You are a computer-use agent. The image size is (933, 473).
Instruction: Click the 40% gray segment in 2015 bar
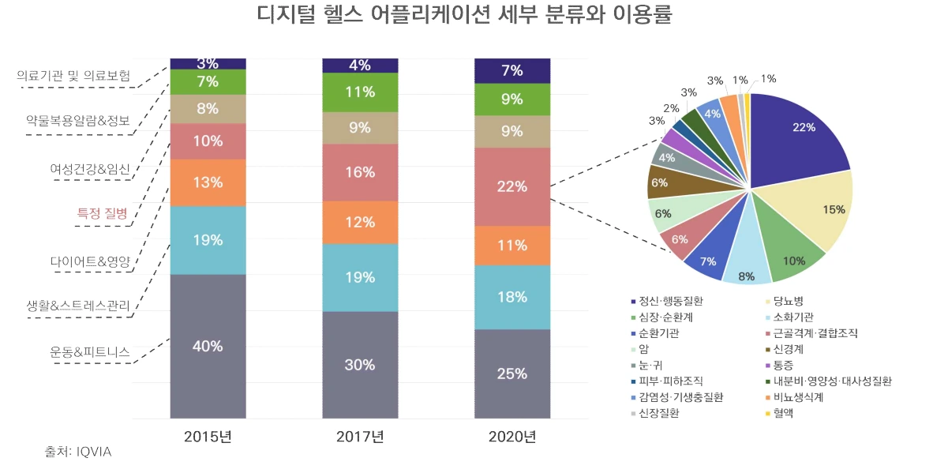(208, 346)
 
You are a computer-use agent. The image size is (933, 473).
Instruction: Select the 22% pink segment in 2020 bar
(512, 186)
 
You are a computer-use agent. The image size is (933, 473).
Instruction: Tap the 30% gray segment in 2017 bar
(360, 365)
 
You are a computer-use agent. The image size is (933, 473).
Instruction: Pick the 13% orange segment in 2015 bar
(208, 182)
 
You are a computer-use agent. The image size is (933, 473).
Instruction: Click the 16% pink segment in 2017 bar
(360, 172)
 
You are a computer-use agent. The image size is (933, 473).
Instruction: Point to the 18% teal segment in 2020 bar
(512, 297)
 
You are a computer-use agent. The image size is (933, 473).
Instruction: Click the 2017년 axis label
(360, 437)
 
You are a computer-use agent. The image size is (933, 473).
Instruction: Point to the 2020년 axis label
(512, 437)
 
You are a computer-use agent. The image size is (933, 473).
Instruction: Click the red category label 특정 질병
(103, 212)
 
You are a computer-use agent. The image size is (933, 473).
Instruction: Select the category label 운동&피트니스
(90, 351)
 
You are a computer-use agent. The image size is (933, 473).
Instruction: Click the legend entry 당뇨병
(789, 301)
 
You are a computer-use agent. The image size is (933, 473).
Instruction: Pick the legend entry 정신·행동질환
(670, 301)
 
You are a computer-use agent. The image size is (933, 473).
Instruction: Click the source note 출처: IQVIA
(77, 452)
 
